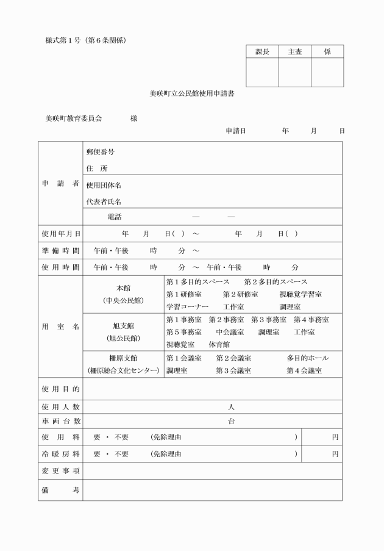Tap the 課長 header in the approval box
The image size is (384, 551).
[x=262, y=52]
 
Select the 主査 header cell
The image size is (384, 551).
[x=294, y=52]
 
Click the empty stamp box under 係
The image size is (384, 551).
[x=327, y=73]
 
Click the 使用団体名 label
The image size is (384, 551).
[x=104, y=185]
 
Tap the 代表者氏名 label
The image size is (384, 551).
[x=104, y=201]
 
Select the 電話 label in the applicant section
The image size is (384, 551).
[x=114, y=217]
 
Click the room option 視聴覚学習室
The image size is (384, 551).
[x=300, y=294]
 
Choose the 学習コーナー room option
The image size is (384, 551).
[x=187, y=306]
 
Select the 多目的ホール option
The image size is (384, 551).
[x=307, y=358]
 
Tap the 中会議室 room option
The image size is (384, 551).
[x=230, y=332]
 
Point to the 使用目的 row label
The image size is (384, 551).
[x=60, y=388]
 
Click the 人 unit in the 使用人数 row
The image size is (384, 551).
[x=231, y=406]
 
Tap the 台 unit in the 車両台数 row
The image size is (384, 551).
[x=231, y=421]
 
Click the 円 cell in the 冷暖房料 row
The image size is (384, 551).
[x=335, y=454]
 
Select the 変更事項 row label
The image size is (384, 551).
[x=60, y=471]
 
